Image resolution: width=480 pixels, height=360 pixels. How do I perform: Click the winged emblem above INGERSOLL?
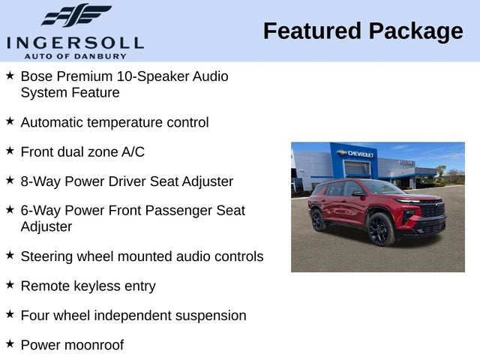[75, 15]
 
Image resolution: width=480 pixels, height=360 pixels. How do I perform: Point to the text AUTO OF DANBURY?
[75, 56]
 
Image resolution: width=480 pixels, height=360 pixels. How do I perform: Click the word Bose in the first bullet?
[35, 76]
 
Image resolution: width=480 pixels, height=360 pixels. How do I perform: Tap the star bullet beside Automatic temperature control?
[10, 121]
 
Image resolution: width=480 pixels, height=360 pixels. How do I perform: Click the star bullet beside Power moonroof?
[10, 343]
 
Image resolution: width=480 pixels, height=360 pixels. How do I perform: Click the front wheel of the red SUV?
[381, 229]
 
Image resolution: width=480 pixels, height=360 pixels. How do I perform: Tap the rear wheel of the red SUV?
[318, 220]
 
